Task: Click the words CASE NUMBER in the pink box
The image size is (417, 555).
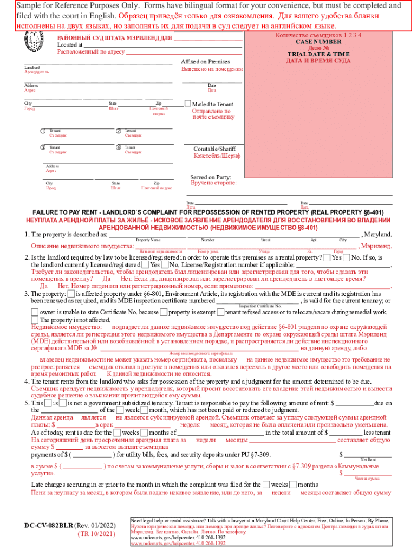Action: tap(318, 42)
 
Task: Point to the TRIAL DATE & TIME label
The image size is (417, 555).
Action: tap(318, 54)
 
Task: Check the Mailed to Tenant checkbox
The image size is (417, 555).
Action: tap(188, 104)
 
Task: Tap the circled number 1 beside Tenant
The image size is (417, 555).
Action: tap(43, 131)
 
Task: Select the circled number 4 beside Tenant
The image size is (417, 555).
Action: tap(119, 147)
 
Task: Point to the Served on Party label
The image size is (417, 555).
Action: tap(210, 177)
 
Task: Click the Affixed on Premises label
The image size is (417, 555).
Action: tap(205, 62)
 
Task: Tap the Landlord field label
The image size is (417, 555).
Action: tap(32, 67)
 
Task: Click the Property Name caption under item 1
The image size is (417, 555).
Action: tap(148, 240)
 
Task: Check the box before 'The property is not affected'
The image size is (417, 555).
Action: tap(35, 320)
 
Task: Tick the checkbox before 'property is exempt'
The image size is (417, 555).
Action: tap(163, 312)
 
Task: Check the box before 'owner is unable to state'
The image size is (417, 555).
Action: tap(35, 312)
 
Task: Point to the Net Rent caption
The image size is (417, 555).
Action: tap(368, 459)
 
